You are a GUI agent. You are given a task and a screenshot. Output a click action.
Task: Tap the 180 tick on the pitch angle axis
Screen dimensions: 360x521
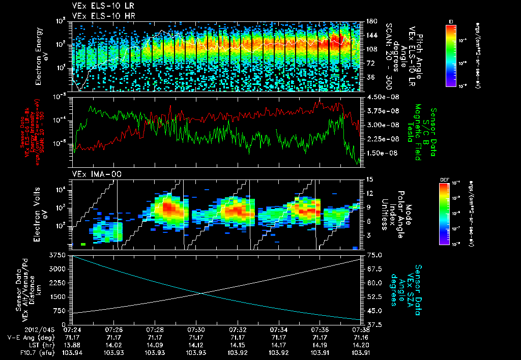pos(371,21)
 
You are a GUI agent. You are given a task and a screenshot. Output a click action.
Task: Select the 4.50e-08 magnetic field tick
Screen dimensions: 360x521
pos(377,97)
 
